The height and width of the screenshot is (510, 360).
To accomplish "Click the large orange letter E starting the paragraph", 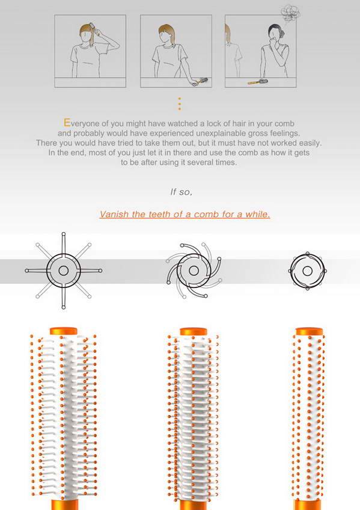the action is pos(67,123).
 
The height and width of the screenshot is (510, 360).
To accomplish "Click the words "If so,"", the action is pos(182,192).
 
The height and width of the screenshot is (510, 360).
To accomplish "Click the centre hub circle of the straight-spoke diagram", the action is pos(63,271).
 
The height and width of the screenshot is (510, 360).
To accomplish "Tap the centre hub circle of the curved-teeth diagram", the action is pos(194,270).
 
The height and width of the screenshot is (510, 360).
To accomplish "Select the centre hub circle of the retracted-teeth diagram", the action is pos(307,271).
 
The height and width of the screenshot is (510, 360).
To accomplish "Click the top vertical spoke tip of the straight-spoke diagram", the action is pos(63,234).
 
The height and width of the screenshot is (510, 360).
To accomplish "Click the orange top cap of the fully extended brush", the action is pos(63,331).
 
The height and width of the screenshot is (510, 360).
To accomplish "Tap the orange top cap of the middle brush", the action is pos(194,331).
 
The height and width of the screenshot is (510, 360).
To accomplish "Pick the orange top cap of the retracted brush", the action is pos(310,331).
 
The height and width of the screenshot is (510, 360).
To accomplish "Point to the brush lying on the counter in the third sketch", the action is pos(257,82).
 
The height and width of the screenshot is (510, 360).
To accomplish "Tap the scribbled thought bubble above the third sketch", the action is pos(290,13).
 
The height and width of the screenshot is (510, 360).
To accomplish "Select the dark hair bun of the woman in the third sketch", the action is pos(281,34).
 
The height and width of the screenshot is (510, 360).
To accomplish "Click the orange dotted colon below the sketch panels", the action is pos(179,104).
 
